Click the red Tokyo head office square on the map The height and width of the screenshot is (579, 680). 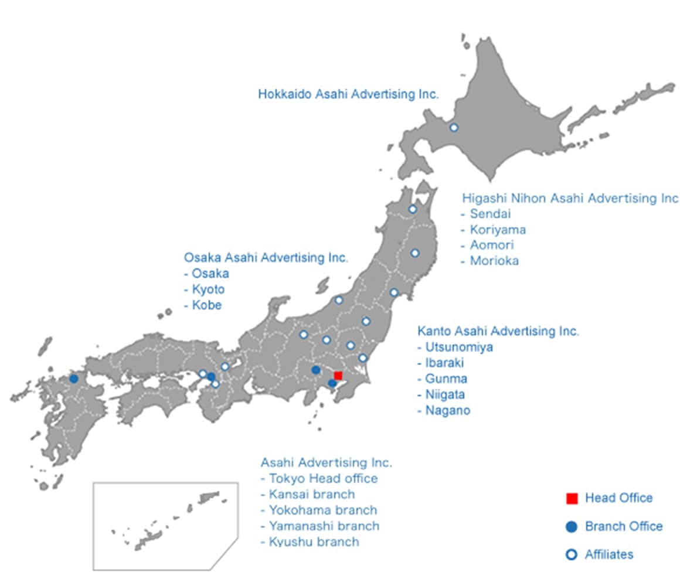[x=338, y=376]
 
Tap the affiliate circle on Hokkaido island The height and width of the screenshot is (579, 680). [x=453, y=127]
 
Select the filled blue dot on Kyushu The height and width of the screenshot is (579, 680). [x=74, y=379]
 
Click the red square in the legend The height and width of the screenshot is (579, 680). [x=572, y=499]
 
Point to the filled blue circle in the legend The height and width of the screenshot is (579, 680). [x=572, y=527]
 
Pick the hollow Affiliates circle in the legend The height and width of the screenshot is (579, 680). [x=572, y=554]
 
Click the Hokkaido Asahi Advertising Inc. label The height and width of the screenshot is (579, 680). [x=348, y=94]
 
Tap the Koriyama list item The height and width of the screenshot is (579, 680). [x=498, y=230]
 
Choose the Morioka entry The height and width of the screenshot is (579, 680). [x=494, y=261]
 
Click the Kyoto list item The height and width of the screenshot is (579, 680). [x=208, y=289]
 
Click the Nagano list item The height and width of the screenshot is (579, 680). [x=448, y=410]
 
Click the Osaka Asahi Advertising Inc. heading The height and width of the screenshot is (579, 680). [x=266, y=257]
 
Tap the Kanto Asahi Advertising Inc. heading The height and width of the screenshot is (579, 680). [x=498, y=331]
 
